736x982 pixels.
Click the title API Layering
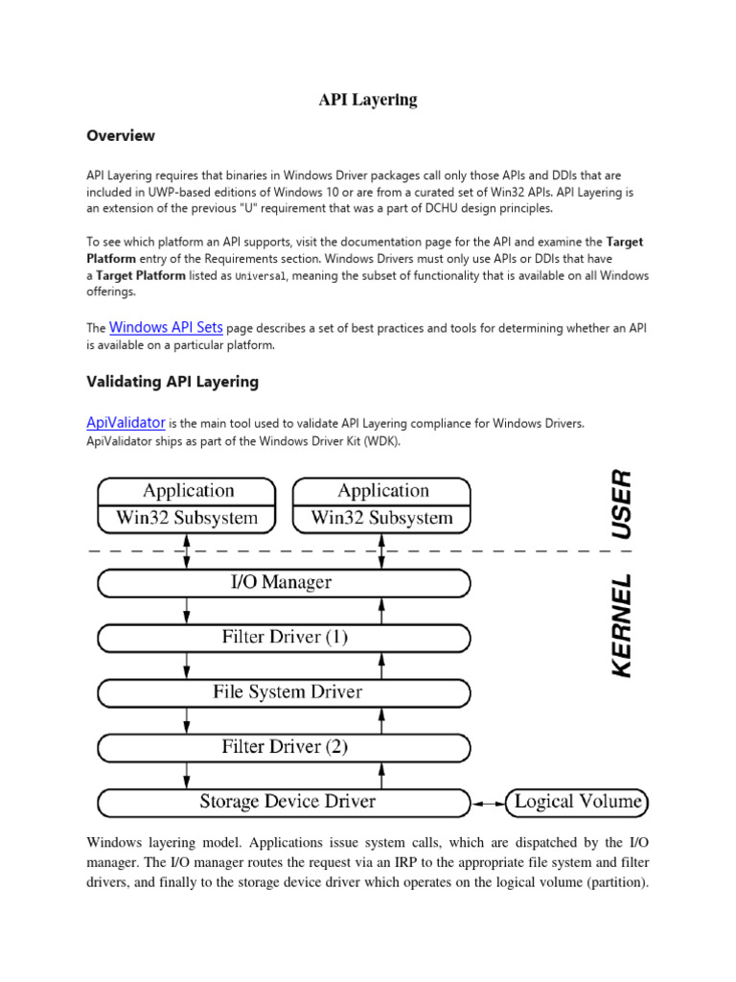point(368,100)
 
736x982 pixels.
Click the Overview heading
point(120,136)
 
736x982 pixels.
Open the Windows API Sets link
point(166,327)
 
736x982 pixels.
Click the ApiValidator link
point(126,422)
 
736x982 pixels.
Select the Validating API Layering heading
point(172,382)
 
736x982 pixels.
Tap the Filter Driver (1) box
point(285,637)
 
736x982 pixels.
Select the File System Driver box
point(285,691)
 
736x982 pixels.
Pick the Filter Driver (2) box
point(285,746)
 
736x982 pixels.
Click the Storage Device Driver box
point(285,801)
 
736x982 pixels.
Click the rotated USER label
point(621,503)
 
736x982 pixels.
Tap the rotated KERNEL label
point(621,625)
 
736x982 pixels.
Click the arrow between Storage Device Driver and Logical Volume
point(489,801)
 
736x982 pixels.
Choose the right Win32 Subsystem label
point(382,518)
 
